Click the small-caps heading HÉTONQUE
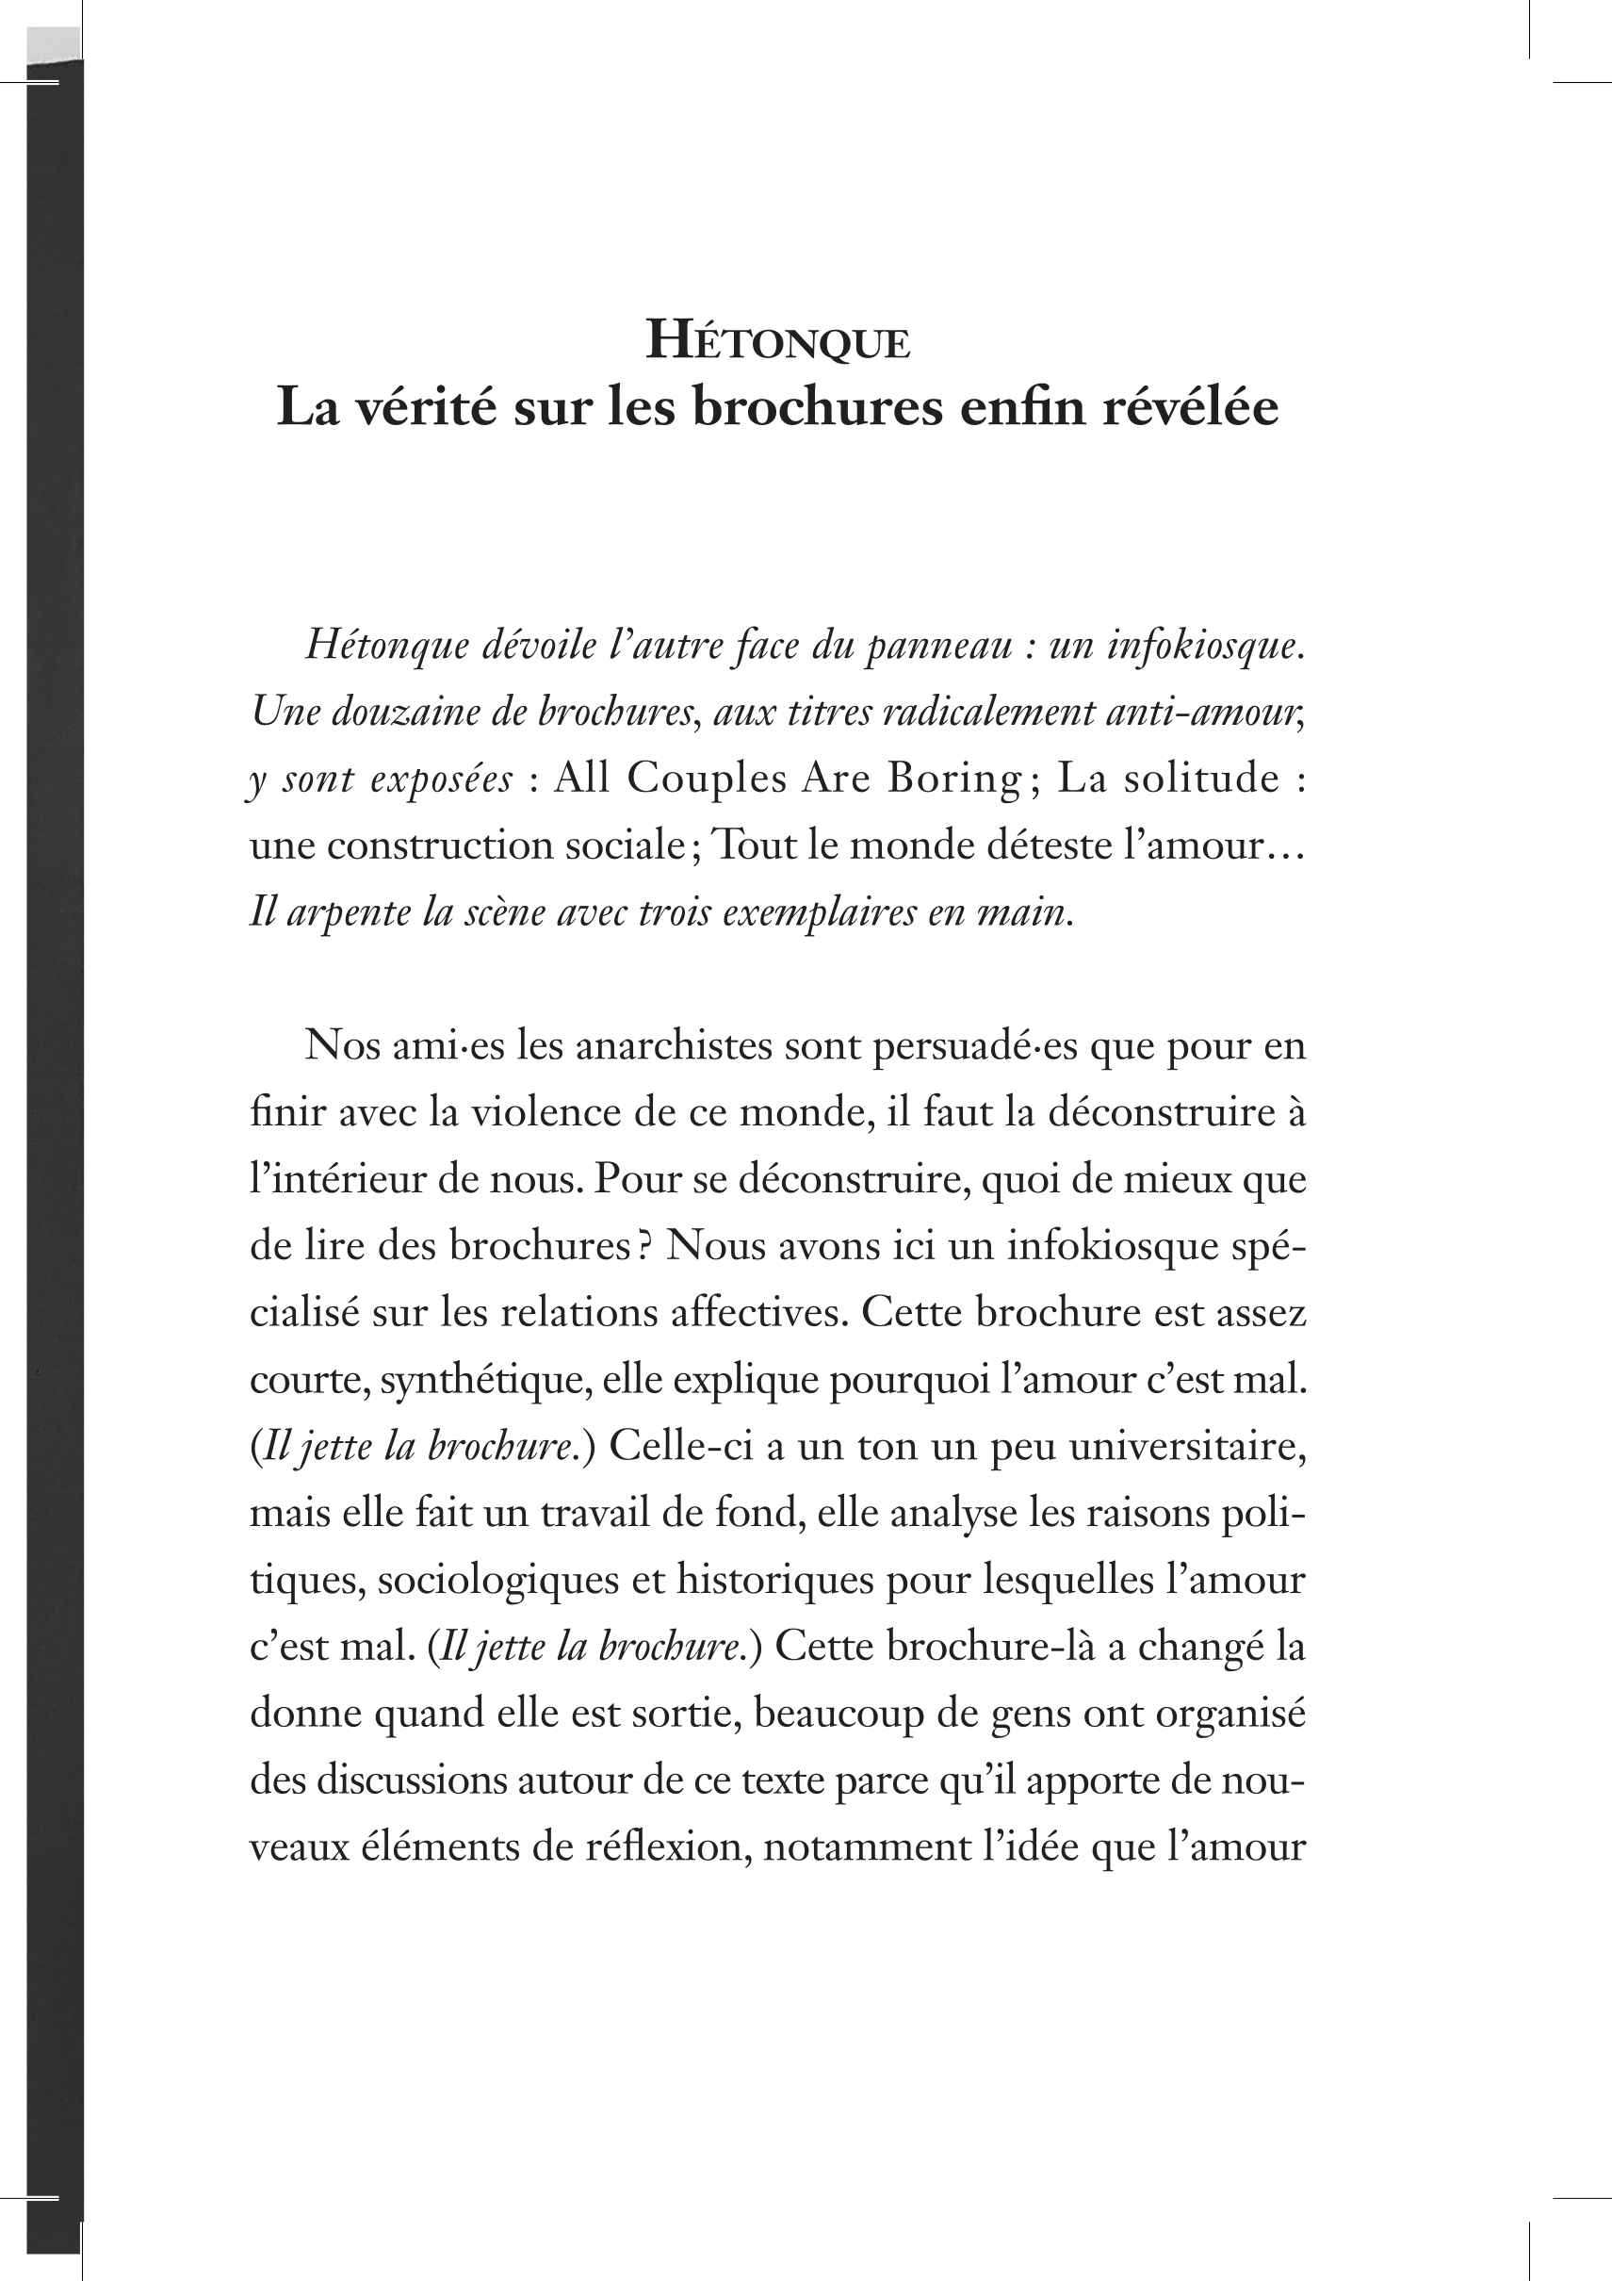[x=777, y=342]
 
